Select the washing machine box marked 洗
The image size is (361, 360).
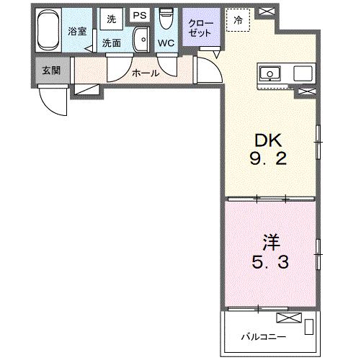(x=111, y=17)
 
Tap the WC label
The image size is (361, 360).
(x=166, y=43)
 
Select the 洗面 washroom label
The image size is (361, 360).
(x=111, y=42)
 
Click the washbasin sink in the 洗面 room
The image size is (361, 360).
(x=141, y=39)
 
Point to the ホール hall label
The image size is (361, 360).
(x=144, y=73)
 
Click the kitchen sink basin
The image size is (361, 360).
(x=272, y=73)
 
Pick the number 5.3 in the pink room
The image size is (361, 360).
(x=269, y=262)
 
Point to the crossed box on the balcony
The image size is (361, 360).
(x=285, y=317)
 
